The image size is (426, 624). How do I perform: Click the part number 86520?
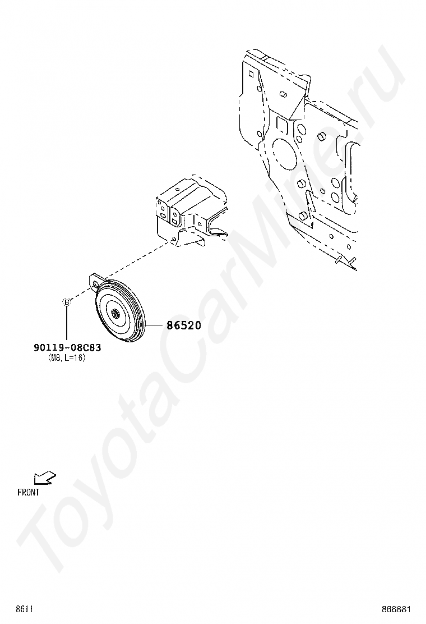183,325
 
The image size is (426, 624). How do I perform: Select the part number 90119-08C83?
67,348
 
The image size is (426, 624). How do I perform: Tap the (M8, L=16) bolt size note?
67,358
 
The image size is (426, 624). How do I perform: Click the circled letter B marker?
66,302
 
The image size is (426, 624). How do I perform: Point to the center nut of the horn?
115,315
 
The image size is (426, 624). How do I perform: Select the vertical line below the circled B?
66,323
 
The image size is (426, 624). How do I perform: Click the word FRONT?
29,493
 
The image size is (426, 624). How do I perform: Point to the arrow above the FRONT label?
44,478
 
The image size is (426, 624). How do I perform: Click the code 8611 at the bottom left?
24,609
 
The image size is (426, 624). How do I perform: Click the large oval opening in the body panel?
285,152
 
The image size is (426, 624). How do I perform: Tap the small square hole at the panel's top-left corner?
251,72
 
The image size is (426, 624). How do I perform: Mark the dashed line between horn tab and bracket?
135,263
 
